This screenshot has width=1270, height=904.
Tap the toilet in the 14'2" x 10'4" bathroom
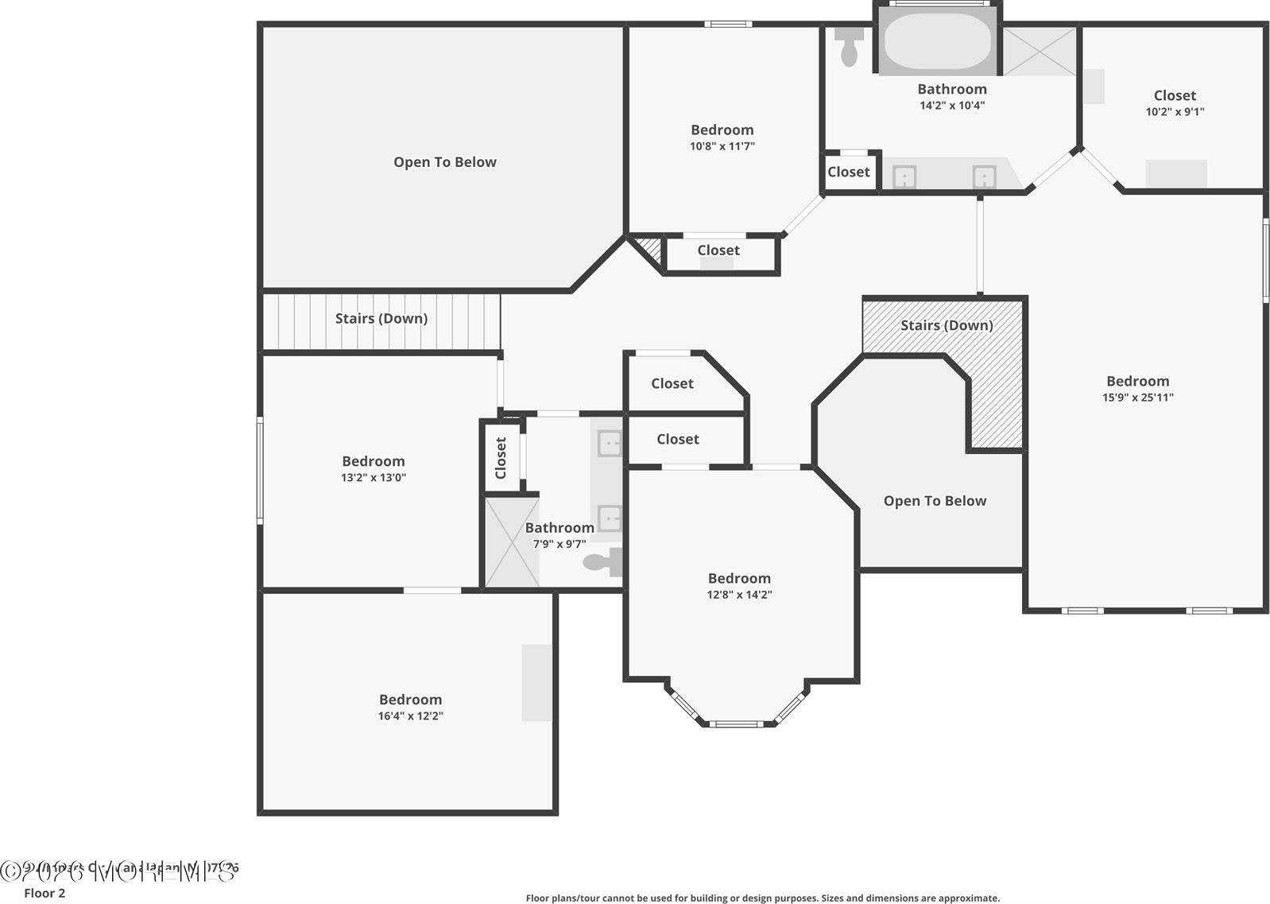849,47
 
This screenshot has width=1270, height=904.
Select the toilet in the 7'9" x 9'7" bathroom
604,562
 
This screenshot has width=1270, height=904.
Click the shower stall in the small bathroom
512,541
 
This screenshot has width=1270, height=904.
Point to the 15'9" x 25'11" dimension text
1137,398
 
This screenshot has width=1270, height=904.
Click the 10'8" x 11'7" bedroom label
722,130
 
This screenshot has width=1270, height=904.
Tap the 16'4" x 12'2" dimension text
410,716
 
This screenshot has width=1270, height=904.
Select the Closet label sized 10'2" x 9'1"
1175,95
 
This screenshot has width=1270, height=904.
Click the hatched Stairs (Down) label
946,325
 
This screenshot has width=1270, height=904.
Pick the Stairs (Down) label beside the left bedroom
381,318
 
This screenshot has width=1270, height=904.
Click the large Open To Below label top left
444,162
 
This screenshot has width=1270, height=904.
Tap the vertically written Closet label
501,458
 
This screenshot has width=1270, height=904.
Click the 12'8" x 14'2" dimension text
739,595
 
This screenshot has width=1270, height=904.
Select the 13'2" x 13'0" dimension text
373,478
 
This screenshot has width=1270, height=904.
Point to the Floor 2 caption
45,893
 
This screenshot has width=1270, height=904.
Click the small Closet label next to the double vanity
848,172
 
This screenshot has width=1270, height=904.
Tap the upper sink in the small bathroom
610,443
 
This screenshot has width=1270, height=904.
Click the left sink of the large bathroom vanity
904,177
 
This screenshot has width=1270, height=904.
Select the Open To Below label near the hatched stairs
935,501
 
